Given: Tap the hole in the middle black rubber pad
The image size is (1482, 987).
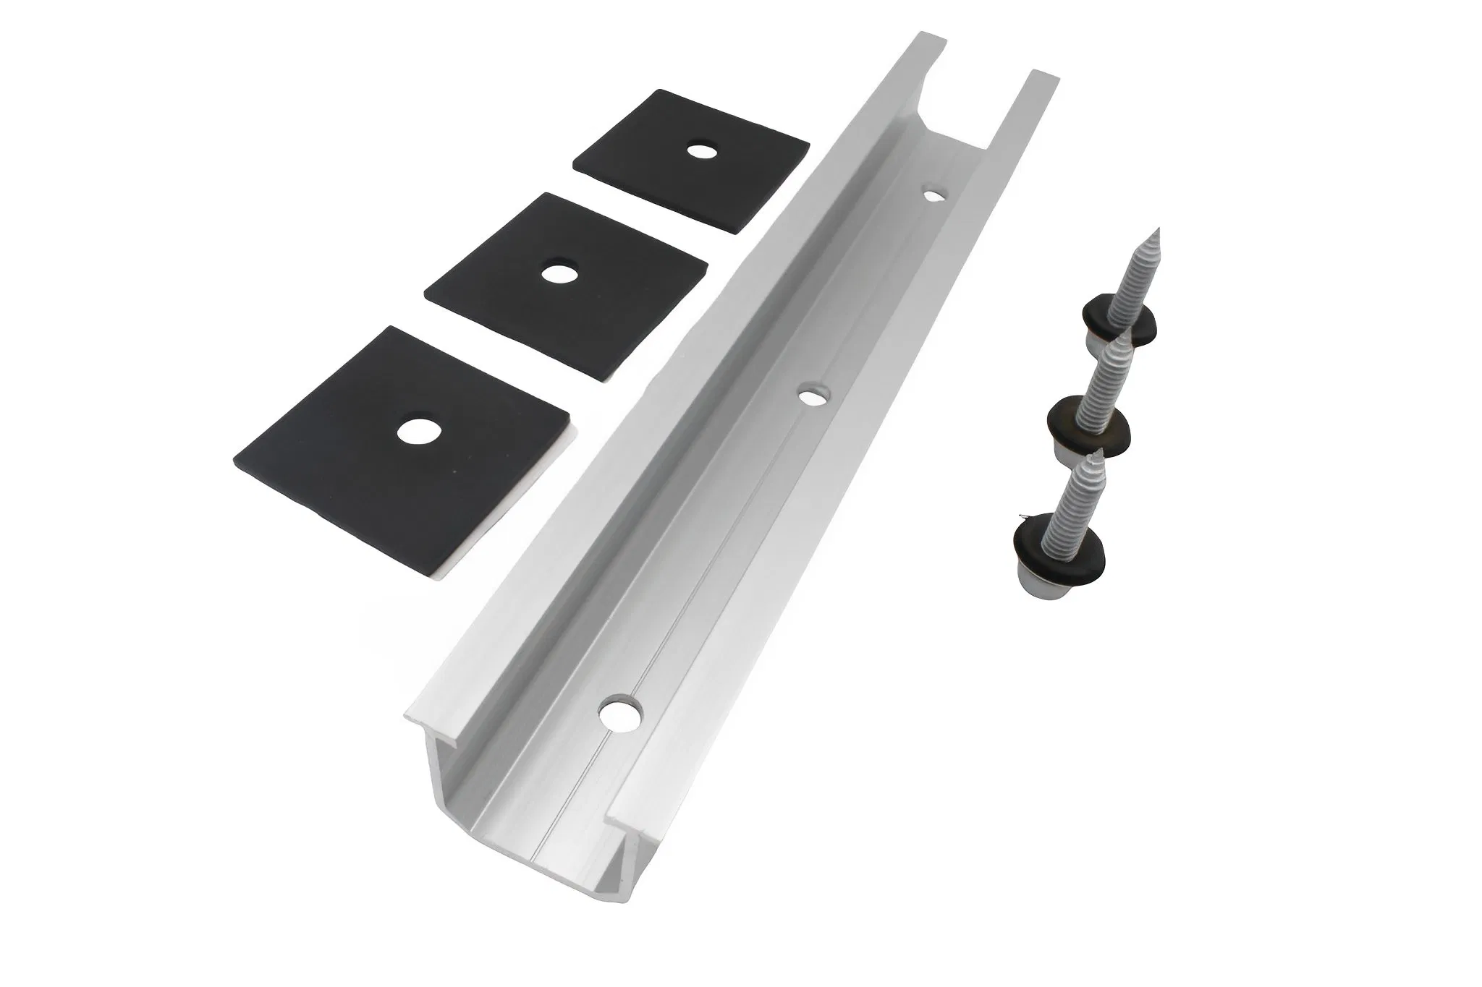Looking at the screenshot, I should click(556, 273).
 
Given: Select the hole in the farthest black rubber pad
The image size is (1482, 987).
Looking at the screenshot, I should click(699, 151).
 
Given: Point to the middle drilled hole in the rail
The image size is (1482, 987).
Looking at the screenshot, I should click(814, 396).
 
